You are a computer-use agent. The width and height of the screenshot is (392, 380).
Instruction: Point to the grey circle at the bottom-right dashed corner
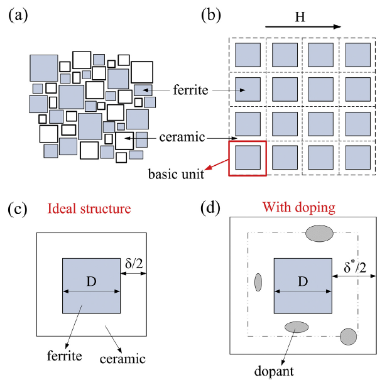click(349, 336)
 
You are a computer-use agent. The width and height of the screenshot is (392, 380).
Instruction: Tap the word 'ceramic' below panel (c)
click(123, 359)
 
